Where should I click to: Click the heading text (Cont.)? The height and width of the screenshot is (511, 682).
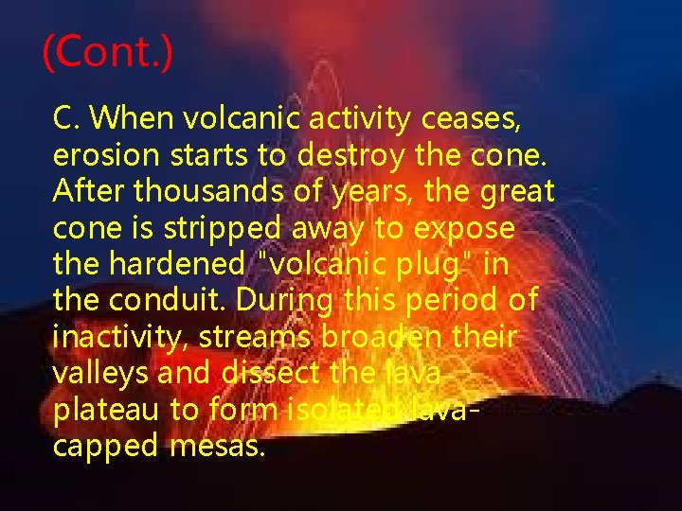click(x=108, y=53)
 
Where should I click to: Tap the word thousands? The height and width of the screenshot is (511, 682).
click(x=190, y=192)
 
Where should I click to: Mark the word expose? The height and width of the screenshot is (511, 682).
click(x=466, y=229)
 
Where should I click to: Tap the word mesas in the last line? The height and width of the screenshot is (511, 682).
click(x=218, y=445)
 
